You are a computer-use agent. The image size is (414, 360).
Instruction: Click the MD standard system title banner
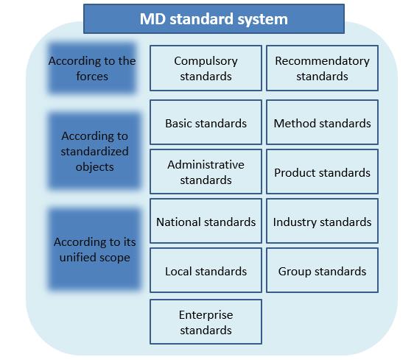point(214,18)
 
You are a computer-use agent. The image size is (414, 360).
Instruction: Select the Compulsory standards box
point(206,68)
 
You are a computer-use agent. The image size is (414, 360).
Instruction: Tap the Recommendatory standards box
point(322,68)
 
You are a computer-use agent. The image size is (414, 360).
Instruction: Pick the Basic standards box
point(206,122)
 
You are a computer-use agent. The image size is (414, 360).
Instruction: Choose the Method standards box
point(322,122)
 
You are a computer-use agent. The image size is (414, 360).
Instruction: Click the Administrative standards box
point(206,172)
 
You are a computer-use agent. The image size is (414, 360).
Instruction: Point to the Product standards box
point(322,172)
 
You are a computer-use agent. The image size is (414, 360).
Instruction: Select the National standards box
point(206,221)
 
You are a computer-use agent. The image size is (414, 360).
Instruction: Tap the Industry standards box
point(322,221)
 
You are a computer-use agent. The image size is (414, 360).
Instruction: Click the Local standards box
point(206,270)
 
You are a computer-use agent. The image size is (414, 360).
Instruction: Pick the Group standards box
point(322,270)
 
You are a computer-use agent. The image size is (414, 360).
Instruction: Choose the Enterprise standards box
point(206,322)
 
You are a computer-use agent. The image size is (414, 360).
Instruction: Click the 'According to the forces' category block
point(92,68)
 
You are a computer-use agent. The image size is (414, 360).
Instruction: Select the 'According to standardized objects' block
point(94,151)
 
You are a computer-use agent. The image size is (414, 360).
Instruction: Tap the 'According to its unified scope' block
point(94,250)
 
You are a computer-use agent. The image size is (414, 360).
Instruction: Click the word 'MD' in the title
point(153,19)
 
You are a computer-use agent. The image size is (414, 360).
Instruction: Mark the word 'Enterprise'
point(206,315)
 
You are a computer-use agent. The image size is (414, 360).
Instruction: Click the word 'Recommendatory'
point(322,61)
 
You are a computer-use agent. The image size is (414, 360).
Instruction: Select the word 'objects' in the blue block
point(94,167)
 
